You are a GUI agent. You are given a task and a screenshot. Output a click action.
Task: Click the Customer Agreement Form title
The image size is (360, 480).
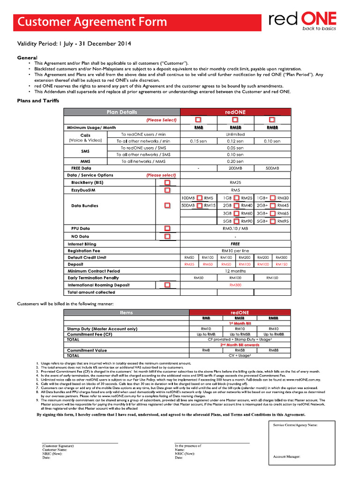point(92,22)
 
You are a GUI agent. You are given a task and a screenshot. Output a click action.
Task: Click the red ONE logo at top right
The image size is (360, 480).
point(302,21)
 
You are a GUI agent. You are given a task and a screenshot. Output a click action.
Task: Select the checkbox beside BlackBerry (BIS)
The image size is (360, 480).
point(167,182)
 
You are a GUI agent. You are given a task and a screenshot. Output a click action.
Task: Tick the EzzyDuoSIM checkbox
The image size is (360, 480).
point(167,190)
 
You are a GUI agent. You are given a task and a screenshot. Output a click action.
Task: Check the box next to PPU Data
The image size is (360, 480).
point(167,228)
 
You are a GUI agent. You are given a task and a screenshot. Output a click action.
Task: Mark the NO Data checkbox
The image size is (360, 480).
point(167,236)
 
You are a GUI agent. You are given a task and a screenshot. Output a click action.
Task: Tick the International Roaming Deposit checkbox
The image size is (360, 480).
point(167,285)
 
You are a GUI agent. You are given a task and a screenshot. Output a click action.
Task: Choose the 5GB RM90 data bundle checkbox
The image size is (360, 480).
point(236,221)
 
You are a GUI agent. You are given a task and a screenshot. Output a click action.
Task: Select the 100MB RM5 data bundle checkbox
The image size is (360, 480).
point(200,198)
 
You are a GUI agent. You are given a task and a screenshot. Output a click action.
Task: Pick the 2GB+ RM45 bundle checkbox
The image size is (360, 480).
point(273,206)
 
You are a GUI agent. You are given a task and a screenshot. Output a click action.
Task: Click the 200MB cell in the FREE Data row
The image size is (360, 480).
point(235,168)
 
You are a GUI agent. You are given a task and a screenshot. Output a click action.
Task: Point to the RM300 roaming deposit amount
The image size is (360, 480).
point(235,285)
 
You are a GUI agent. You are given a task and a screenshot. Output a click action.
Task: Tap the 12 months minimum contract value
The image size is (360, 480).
point(235,271)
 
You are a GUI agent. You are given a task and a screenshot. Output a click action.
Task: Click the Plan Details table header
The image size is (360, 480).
point(122,112)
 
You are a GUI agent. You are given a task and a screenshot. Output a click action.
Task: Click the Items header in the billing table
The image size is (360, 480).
point(126,312)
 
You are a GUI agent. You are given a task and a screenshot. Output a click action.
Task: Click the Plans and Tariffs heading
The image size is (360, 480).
point(38,100)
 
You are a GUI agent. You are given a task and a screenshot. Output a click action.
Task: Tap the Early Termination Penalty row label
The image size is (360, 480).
point(93,278)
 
